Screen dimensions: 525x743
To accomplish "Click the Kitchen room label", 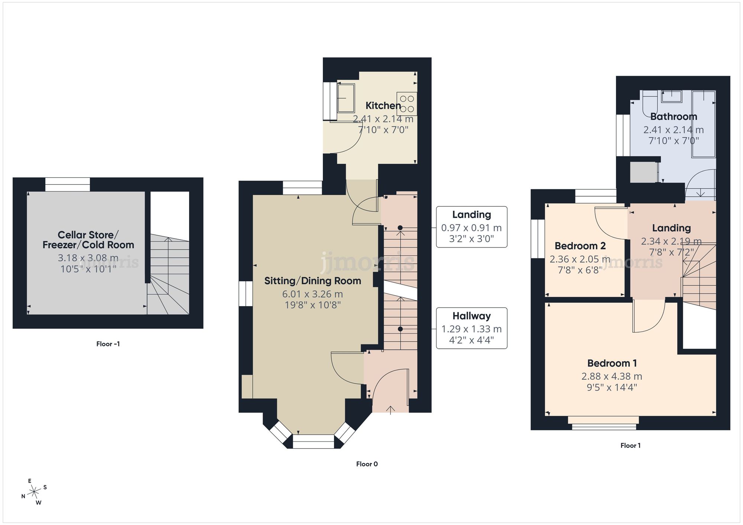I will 383,106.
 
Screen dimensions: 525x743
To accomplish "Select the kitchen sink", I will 346,98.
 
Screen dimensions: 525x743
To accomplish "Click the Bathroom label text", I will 673,117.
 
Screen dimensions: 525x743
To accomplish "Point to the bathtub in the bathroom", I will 703,124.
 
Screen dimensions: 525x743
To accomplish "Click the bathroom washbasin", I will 671,96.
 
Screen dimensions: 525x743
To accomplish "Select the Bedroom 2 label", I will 580,246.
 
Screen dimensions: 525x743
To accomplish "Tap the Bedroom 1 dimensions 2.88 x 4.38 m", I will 611,376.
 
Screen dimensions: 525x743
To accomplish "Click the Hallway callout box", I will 471,328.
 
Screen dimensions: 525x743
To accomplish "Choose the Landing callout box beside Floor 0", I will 471,227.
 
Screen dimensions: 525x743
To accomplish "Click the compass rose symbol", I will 34,492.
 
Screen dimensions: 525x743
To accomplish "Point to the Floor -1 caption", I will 108,344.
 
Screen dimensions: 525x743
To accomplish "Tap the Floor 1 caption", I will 630,445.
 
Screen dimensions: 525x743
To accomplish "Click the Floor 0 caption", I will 367,464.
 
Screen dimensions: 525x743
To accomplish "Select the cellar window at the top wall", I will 68,184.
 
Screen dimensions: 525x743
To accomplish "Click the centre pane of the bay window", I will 313,441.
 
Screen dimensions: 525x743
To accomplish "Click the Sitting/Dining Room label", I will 312,281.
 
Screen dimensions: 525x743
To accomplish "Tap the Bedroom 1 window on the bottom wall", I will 604,423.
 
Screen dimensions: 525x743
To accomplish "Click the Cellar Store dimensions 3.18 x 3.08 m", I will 88,257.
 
